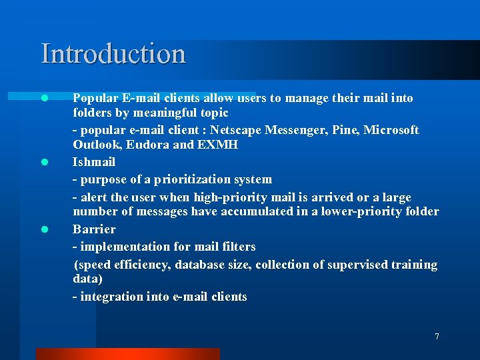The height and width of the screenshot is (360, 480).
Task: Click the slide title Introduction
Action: click(x=113, y=54)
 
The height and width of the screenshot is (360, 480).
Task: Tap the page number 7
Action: click(x=437, y=337)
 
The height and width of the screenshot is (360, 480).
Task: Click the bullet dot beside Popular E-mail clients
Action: click(x=44, y=98)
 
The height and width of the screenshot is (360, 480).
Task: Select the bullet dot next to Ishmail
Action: click(x=44, y=162)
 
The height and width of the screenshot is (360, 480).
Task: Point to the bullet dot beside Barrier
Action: click(x=44, y=229)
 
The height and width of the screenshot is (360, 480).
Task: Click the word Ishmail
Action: click(x=94, y=162)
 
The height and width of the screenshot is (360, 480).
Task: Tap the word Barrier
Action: click(x=94, y=229)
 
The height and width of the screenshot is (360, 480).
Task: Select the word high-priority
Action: click(x=225, y=198)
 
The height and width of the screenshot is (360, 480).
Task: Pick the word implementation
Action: click(x=122, y=247)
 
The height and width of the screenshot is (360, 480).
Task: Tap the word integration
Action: click(x=109, y=297)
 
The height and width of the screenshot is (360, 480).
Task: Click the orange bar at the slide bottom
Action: click(x=127, y=354)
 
